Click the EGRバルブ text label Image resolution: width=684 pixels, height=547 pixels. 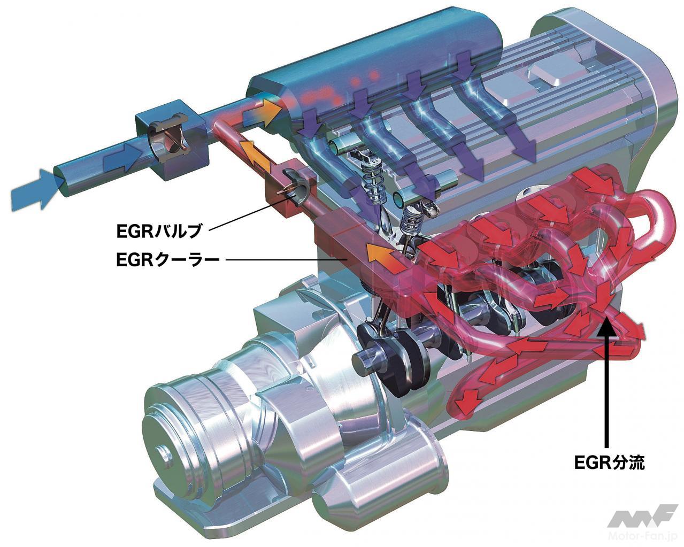(159, 231)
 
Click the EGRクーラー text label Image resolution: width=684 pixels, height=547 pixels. (168, 260)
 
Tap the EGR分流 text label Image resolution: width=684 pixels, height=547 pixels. (609, 463)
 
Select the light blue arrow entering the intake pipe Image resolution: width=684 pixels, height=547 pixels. (35, 189)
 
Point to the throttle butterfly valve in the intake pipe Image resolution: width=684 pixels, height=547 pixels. (169, 140)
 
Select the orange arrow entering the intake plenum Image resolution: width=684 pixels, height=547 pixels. (262, 113)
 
